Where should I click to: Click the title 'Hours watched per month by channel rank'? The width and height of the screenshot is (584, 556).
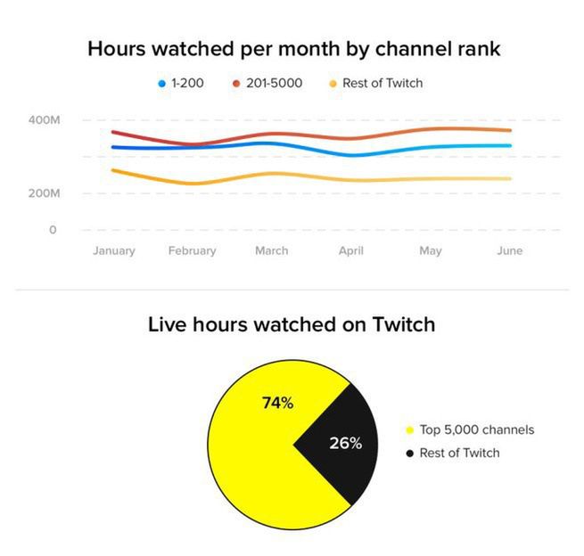pyautogui.click(x=293, y=49)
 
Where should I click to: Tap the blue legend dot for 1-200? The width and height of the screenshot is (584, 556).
pyautogui.click(x=161, y=84)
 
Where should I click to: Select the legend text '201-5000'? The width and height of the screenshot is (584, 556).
pyautogui.click(x=273, y=83)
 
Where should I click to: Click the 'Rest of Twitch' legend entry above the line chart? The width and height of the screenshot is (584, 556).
pyautogui.click(x=381, y=83)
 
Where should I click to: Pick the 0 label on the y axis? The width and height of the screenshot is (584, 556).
pyautogui.click(x=53, y=230)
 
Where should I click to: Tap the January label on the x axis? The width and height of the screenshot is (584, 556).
pyautogui.click(x=114, y=250)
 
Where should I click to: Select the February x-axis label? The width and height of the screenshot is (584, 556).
pyautogui.click(x=192, y=250)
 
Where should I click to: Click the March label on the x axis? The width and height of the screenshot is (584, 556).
pyautogui.click(x=271, y=250)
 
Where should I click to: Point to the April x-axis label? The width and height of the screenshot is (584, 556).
pyautogui.click(x=350, y=250)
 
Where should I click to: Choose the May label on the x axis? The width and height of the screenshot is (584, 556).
pyautogui.click(x=430, y=250)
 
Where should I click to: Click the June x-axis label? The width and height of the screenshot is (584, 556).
pyautogui.click(x=509, y=250)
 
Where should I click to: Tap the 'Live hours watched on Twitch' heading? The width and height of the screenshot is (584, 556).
pyautogui.click(x=292, y=324)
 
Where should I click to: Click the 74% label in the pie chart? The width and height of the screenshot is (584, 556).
pyautogui.click(x=277, y=404)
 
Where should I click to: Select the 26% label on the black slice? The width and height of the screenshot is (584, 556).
pyautogui.click(x=346, y=443)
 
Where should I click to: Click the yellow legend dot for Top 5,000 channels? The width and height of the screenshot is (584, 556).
pyautogui.click(x=410, y=430)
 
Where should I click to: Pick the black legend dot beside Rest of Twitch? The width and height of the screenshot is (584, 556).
pyautogui.click(x=410, y=454)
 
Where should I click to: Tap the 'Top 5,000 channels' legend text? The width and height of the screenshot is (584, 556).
pyautogui.click(x=477, y=429)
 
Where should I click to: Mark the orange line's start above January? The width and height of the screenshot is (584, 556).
pyautogui.click(x=113, y=170)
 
